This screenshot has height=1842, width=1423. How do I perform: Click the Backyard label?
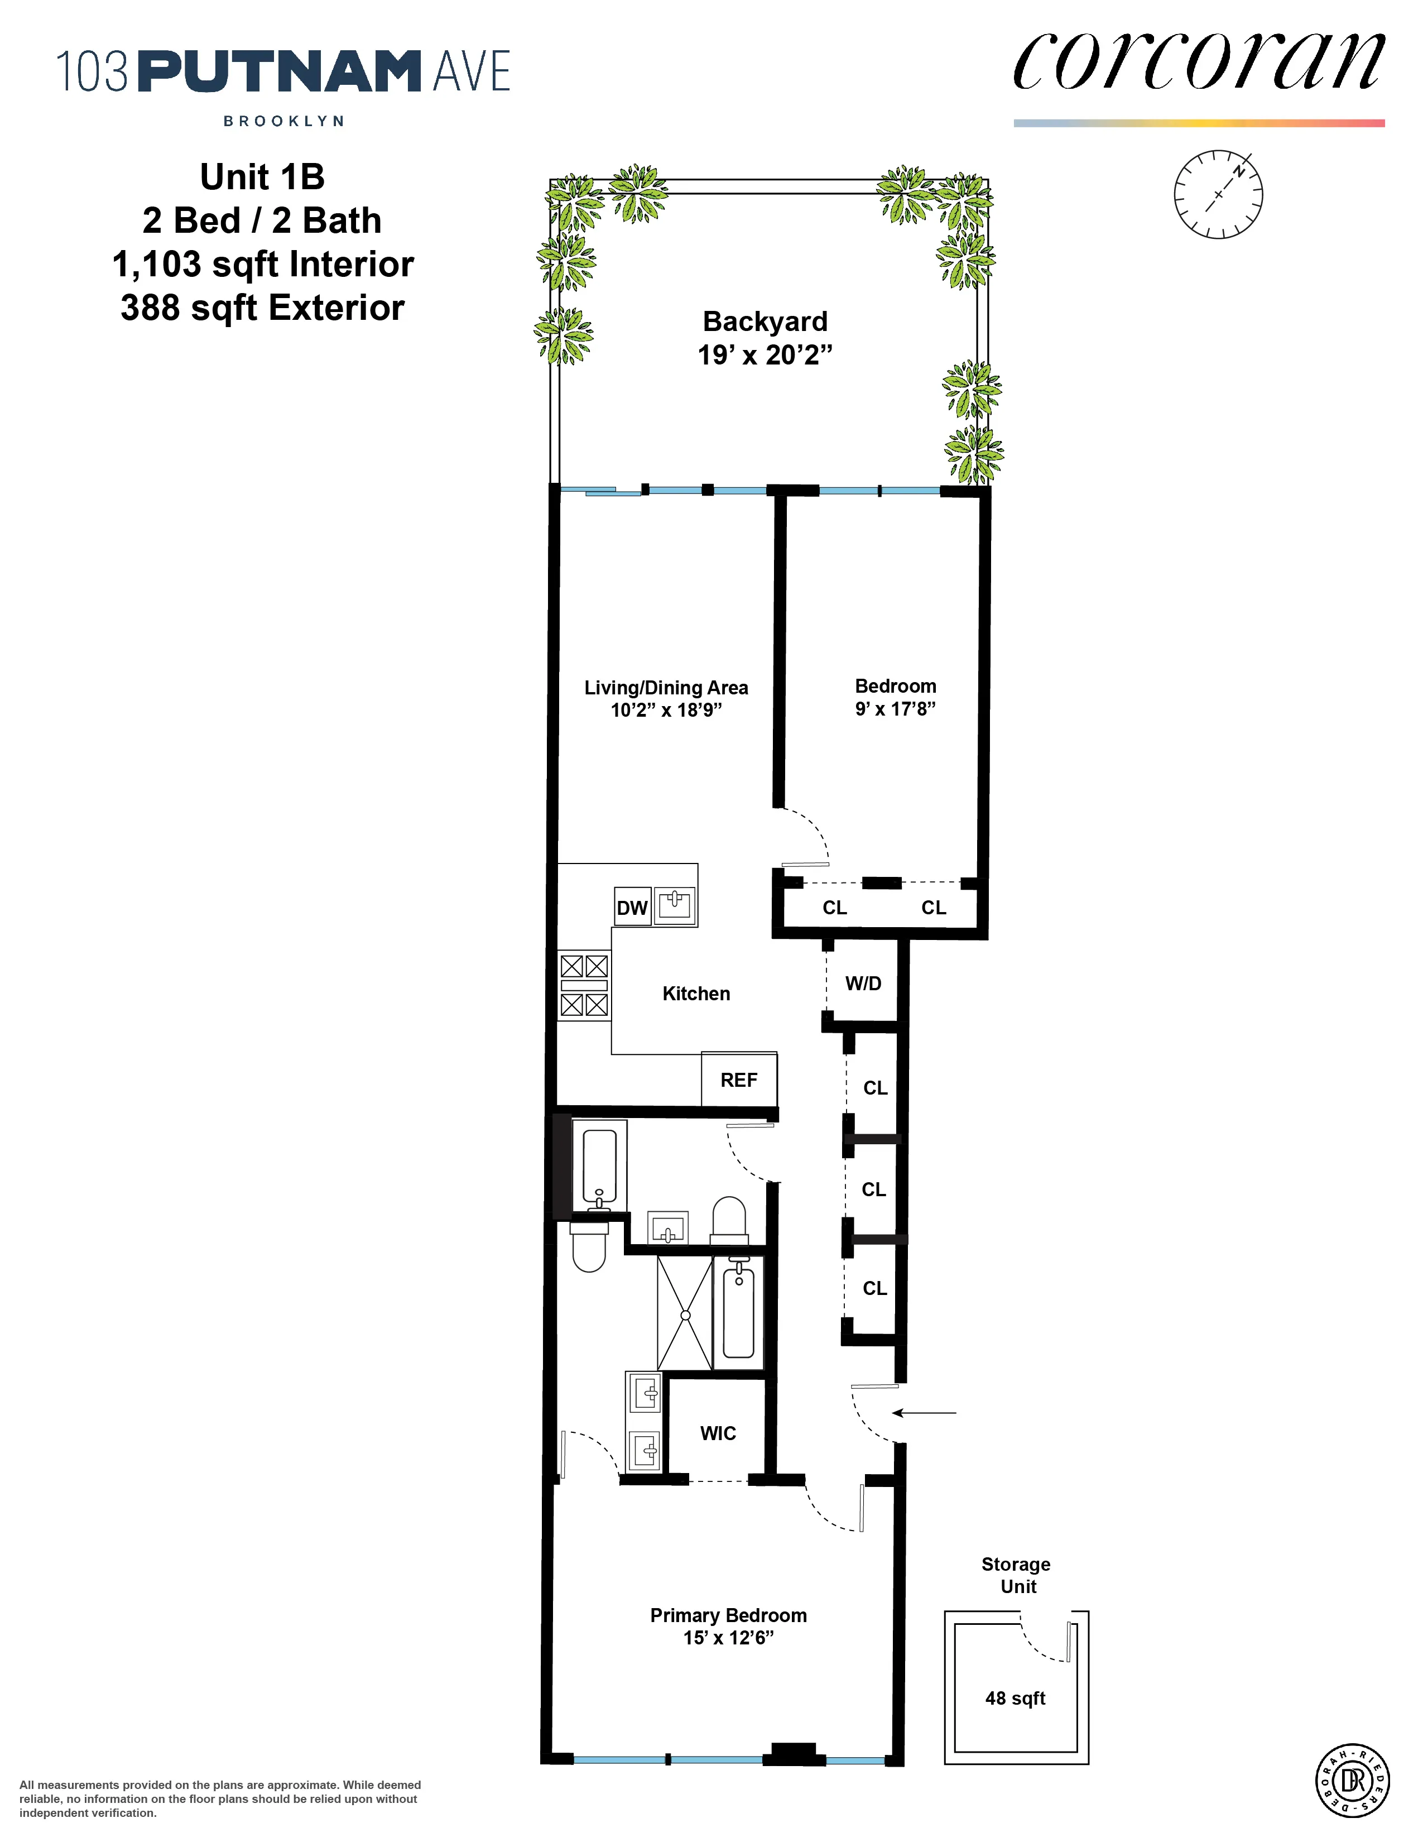[x=765, y=322]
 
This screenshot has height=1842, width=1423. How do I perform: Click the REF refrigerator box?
[x=738, y=1080]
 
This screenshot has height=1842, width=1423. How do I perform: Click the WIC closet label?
[x=718, y=1433]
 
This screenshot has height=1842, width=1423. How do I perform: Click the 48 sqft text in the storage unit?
[x=1015, y=1698]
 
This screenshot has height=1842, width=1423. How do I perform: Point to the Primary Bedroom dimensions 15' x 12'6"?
[x=728, y=1637]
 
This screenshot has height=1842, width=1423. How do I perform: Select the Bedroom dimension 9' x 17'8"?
[x=895, y=708]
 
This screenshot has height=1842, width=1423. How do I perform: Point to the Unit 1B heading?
[x=262, y=177]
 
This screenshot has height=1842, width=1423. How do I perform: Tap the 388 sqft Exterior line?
[x=262, y=308]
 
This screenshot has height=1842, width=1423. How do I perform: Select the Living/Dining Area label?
[x=666, y=687]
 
